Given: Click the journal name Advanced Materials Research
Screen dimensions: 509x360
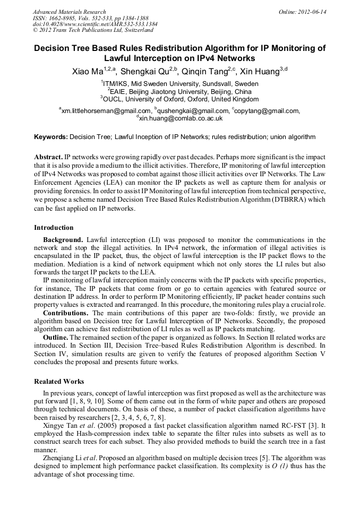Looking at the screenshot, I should click(69, 12).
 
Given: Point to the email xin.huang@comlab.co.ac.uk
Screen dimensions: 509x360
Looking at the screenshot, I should click(181, 119).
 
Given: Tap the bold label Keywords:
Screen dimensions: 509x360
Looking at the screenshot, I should click(51, 137).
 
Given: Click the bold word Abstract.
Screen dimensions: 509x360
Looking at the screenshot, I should click(48, 158).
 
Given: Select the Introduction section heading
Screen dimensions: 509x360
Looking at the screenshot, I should click(54, 228).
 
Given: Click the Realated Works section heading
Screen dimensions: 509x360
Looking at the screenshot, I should click(59, 382).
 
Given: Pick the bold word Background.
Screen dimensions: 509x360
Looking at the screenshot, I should click(63, 240).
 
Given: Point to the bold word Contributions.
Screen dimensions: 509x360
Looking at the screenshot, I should click(66, 313).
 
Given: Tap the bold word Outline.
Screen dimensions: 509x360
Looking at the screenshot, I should click(55, 337).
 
